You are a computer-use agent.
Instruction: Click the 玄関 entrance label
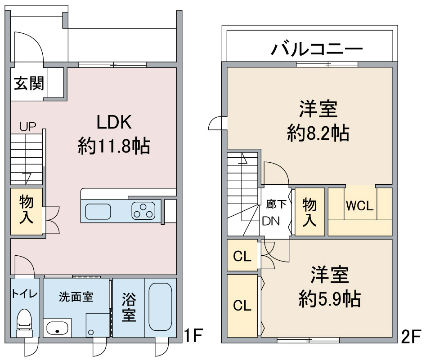coord(28,84)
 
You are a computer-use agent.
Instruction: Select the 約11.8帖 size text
coord(114,146)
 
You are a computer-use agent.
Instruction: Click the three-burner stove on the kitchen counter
coord(143,210)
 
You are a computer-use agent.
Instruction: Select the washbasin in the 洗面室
coord(58,328)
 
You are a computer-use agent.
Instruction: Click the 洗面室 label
coord(76,297)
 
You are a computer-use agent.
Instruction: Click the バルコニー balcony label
coord(317,49)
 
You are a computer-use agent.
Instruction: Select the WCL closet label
coord(359,206)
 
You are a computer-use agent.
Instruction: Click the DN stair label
coord(271,222)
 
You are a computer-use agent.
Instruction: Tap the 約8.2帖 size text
coord(318,133)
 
